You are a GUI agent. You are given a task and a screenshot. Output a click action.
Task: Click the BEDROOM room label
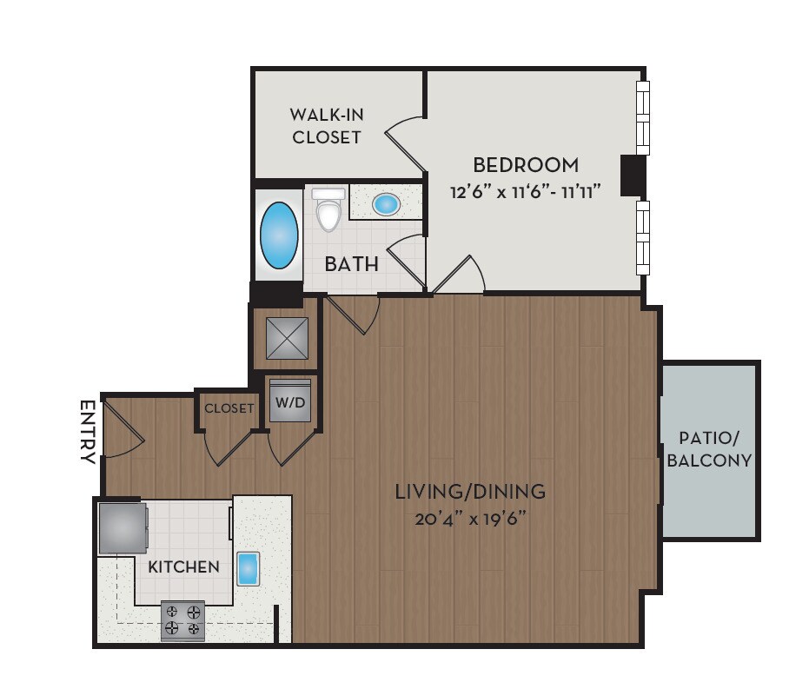pyautogui.click(x=525, y=164)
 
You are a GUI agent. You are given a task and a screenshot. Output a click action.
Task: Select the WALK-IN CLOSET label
pyautogui.click(x=326, y=125)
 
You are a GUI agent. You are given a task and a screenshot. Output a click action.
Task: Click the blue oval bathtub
pyautogui.click(x=279, y=235)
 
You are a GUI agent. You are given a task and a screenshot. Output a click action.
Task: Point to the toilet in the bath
pyautogui.click(x=328, y=210)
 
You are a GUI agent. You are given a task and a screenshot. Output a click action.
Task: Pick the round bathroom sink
pyautogui.click(x=386, y=204)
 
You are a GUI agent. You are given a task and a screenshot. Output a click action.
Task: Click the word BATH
pyautogui.click(x=351, y=263)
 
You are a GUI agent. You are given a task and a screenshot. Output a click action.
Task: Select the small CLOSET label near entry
pyautogui.click(x=229, y=407)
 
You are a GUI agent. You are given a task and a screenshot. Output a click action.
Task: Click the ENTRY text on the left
pyautogui.click(x=87, y=432)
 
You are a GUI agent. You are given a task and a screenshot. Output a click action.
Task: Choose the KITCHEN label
pyautogui.click(x=183, y=567)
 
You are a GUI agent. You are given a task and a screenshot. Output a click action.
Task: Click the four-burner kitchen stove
pyautogui.click(x=182, y=620)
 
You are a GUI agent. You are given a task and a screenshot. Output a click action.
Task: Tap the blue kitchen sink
pyautogui.click(x=249, y=567)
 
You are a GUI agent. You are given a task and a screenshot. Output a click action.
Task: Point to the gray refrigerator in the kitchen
pyautogui.click(x=122, y=528)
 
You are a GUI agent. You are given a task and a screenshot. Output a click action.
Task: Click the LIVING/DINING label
pyautogui.click(x=470, y=492)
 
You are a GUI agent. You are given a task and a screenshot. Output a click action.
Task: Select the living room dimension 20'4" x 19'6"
pyautogui.click(x=470, y=520)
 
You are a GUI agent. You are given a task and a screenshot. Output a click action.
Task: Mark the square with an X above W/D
pyautogui.click(x=287, y=338)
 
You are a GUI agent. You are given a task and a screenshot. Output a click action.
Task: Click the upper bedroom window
pyautogui.click(x=643, y=117)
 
